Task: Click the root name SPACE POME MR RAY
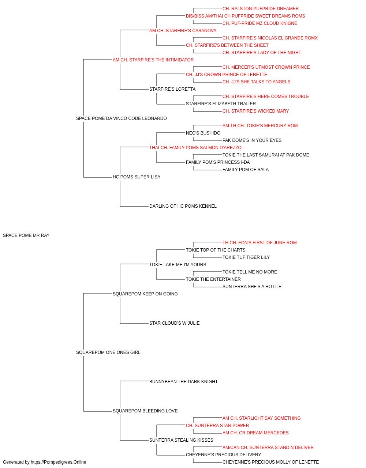pos(26,235)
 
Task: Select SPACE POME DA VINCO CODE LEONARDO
pos(122,118)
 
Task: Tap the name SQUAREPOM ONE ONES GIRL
pos(108,352)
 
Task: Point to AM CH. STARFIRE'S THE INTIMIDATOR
pos(153,60)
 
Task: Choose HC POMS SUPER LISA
pos(137,177)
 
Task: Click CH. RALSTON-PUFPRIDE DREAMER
pos(260,9)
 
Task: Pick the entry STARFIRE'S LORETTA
pos(172,89)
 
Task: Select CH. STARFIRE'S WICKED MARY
pos(255,111)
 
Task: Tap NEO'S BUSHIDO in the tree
pos(203,133)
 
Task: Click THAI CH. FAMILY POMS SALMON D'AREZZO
pos(195,148)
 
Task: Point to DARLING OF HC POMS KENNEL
pos(183,206)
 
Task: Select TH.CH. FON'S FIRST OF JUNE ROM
pos(259,243)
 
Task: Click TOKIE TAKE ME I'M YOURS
pos(178,265)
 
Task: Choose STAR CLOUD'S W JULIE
pos(174,323)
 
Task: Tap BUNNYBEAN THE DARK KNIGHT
pos(183,382)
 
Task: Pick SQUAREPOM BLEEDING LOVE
pos(145,411)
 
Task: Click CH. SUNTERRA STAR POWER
pos(217,426)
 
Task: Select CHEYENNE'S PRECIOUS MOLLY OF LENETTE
pos(270,462)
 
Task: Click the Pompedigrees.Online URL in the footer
pos(58,462)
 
